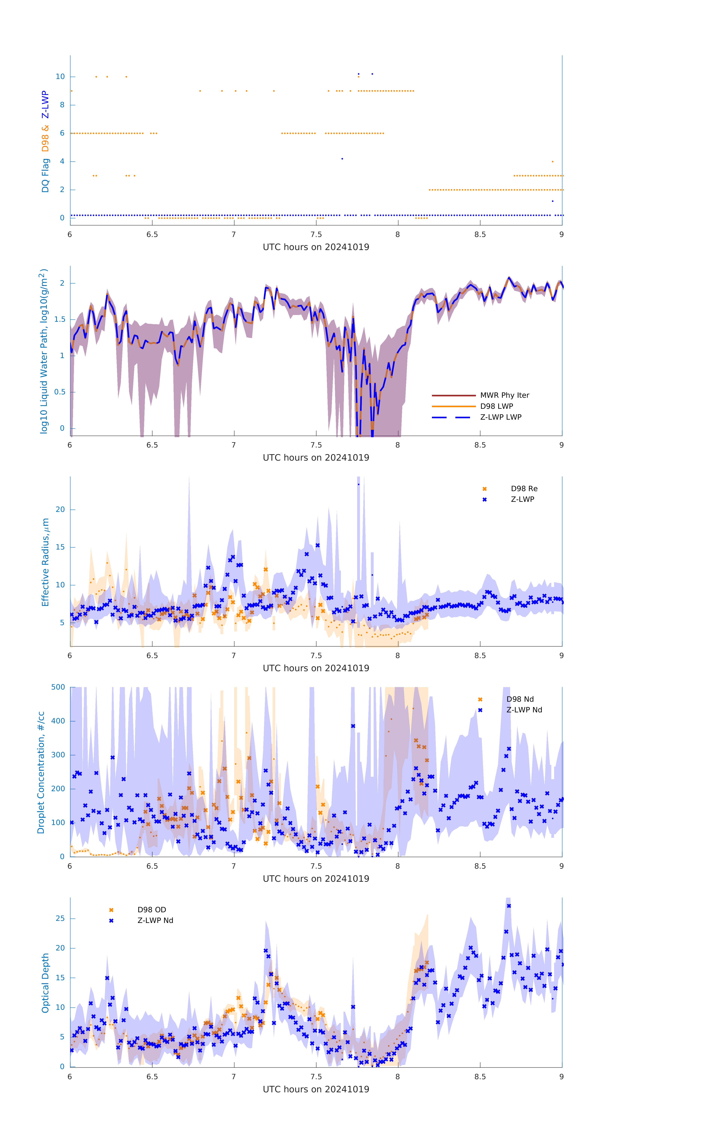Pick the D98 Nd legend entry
(520, 699)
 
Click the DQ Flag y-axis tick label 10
(60, 77)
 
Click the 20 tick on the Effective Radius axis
(60, 509)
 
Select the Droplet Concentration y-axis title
(41, 772)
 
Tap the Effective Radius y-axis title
(45, 562)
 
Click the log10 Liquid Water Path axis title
(43, 351)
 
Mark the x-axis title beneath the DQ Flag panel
(316, 247)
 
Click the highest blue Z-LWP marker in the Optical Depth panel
(509, 906)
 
